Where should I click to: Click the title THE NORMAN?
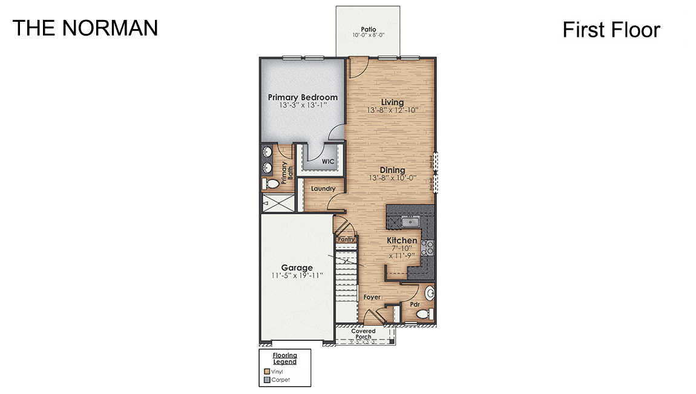[85, 28]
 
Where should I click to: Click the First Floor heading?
[611, 30]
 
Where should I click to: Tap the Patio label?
[369, 28]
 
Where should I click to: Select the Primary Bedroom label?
[303, 97]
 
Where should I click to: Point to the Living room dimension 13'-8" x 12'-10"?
[392, 111]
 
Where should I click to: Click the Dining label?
[392, 170]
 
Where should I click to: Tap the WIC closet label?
[328, 162]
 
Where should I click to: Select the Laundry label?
[323, 189]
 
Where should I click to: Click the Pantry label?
[346, 239]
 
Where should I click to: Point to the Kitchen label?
[402, 240]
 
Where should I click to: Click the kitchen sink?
[411, 222]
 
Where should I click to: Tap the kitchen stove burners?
[427, 246]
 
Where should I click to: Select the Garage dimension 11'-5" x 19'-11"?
[297, 275]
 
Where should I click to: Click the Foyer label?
[371, 297]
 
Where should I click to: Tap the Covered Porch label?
[363, 334]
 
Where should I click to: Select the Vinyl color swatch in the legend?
[267, 371]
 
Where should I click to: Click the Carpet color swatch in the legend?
[267, 380]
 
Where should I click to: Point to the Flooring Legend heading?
[284, 358]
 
